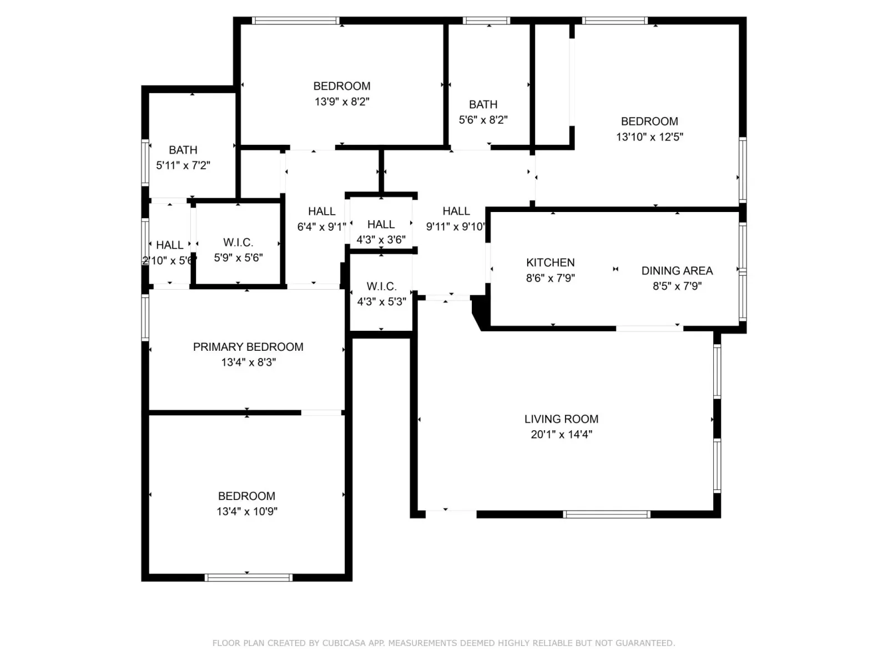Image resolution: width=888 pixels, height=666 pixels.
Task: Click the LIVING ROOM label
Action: (x=561, y=419)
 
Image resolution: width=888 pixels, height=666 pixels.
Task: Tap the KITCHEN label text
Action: (x=550, y=263)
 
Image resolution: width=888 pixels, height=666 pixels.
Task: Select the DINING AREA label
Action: (x=677, y=270)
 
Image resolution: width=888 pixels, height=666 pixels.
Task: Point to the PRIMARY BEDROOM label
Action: (x=248, y=347)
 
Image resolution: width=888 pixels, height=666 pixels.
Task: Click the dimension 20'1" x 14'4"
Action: (x=561, y=435)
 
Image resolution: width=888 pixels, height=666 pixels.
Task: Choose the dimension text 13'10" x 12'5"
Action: (x=649, y=137)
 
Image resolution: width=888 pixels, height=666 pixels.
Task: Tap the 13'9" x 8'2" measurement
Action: (x=342, y=102)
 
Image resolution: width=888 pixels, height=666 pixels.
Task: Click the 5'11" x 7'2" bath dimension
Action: (x=183, y=165)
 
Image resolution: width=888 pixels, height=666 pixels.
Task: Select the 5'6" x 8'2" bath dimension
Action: (x=483, y=120)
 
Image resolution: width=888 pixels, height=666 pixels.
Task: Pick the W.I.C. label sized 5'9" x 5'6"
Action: (x=238, y=242)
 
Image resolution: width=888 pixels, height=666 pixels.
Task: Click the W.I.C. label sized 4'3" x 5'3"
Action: (x=381, y=286)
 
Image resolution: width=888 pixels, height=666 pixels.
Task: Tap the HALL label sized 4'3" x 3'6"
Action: (x=381, y=224)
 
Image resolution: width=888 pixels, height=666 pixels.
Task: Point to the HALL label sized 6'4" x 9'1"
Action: (x=321, y=211)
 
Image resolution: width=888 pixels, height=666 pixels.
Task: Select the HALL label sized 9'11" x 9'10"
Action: (x=456, y=211)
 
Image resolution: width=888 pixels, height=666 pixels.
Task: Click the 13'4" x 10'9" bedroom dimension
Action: (x=247, y=511)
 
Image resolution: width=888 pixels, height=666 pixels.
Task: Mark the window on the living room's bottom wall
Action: (x=607, y=514)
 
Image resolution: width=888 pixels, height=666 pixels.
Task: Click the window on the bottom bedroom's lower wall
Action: (x=249, y=577)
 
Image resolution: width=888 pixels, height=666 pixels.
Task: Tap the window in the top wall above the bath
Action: (x=486, y=21)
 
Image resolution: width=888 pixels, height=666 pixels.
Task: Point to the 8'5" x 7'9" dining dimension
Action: (x=677, y=286)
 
